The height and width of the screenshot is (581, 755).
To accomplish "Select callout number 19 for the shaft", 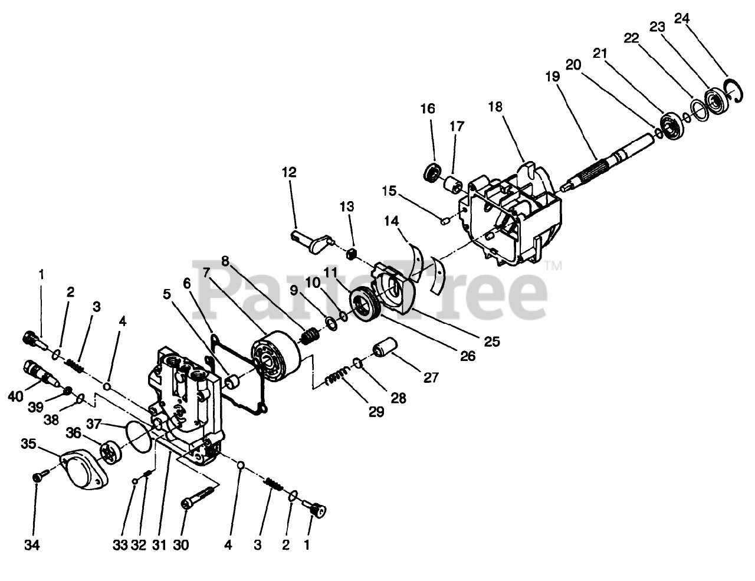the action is (551, 78).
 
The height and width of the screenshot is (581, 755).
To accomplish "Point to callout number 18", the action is (495, 107).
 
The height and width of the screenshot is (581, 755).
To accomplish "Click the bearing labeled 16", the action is (434, 173).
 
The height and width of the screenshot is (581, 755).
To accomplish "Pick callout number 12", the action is (289, 173).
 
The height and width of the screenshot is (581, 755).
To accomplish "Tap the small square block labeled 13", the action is (353, 254).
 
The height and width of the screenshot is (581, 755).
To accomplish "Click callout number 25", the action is (492, 341).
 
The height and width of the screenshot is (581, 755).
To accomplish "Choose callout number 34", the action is (32, 546).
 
